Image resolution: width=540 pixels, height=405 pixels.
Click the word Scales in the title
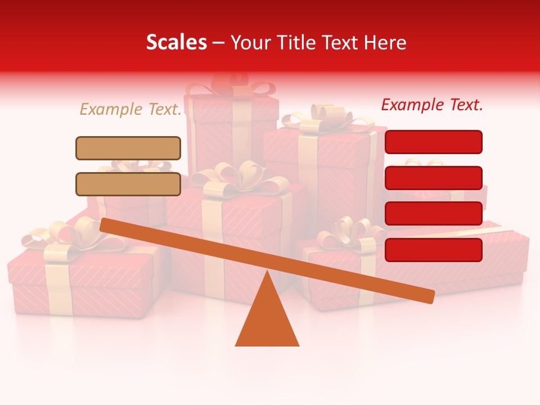[x=176, y=43]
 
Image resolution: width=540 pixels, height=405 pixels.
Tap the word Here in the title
[x=385, y=43]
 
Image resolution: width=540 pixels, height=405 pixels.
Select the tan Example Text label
[x=130, y=109]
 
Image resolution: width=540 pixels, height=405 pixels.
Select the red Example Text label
[x=432, y=105]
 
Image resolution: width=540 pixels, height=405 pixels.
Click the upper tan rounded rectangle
[x=128, y=148]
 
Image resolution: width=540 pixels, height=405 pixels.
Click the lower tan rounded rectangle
[x=128, y=184]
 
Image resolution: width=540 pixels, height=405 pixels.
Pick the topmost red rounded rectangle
[x=433, y=142]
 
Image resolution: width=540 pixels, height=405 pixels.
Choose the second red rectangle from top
[x=433, y=178]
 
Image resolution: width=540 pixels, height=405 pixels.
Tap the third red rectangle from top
[x=433, y=213]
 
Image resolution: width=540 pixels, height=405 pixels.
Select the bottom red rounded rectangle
[x=433, y=250]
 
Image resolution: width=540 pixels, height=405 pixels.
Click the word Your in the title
[x=249, y=43]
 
